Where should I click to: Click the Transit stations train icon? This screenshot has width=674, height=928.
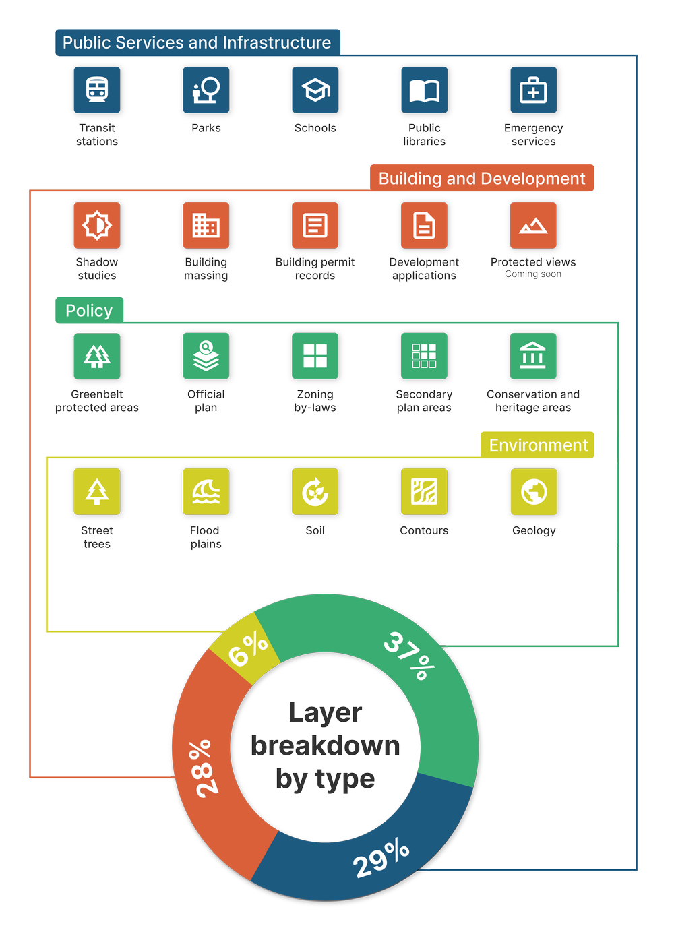(97, 90)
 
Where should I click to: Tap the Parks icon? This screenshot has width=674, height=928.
(206, 90)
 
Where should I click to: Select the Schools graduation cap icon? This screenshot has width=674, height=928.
(315, 90)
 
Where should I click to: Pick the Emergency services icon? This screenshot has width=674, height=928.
(533, 90)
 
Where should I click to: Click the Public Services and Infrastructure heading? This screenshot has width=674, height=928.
(197, 42)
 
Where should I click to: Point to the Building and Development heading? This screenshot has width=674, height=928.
(482, 179)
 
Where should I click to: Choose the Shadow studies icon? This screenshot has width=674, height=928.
(97, 225)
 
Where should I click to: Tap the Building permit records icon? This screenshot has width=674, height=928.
(315, 225)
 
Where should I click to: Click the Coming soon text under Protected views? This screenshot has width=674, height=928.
(533, 274)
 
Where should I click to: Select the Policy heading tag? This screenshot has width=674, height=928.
(89, 311)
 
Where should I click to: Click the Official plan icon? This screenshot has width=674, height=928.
(206, 356)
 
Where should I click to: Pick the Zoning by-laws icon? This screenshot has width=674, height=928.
(315, 356)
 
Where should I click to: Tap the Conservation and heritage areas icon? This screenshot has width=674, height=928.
(533, 356)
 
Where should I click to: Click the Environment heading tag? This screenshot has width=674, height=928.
(538, 445)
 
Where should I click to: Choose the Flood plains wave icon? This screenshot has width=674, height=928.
(206, 492)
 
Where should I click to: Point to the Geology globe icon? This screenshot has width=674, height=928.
(533, 492)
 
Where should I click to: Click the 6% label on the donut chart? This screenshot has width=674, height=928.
(248, 649)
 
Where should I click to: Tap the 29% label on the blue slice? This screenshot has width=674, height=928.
(381, 858)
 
